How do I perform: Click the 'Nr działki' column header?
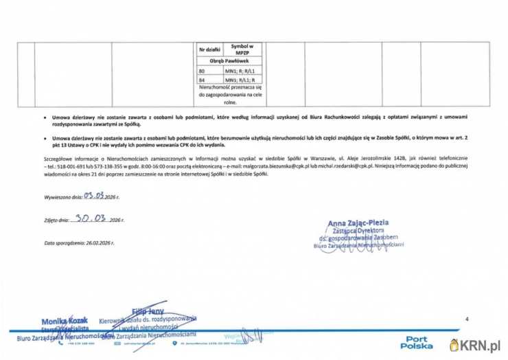coord(209,49)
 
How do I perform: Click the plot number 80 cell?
coord(202,71)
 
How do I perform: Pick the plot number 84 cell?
coord(202,80)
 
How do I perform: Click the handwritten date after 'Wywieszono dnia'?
coord(94,195)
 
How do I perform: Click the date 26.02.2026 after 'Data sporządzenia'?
coord(99,243)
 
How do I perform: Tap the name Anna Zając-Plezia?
coord(358,223)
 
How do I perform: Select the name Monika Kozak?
coord(62,322)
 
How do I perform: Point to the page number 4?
coord(466,319)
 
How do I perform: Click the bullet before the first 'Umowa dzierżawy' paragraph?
coord(45,119)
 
